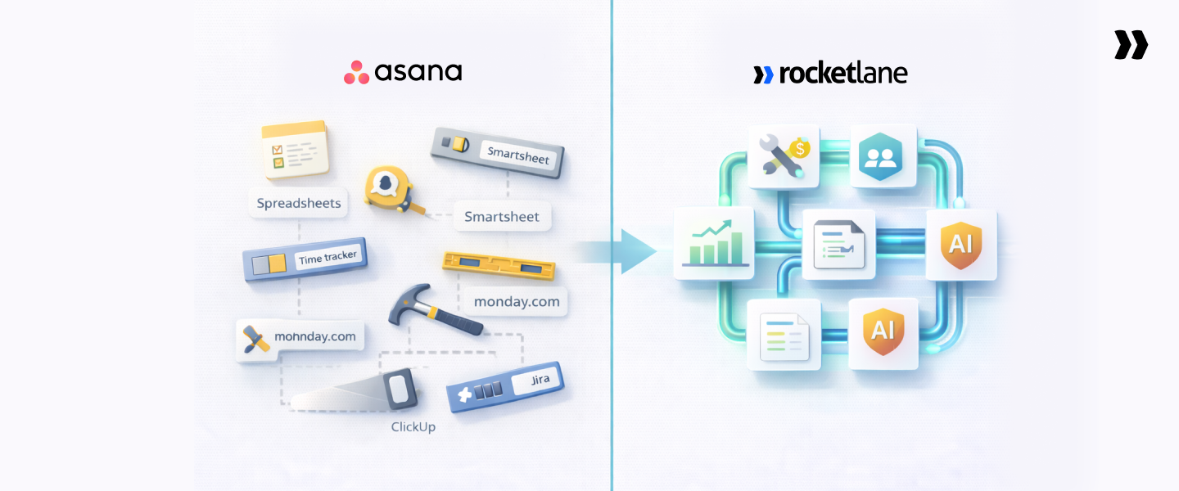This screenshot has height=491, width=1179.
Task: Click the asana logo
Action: coord(402,72)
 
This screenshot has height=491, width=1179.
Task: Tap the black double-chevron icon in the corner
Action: coord(1131,45)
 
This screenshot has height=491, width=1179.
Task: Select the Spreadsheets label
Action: coord(298,203)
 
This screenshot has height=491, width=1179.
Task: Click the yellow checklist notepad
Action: coord(294,149)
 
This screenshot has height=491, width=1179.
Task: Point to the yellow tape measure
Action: coord(387,187)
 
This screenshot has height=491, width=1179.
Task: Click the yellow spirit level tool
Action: coord(498,264)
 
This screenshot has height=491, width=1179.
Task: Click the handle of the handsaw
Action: coord(399,387)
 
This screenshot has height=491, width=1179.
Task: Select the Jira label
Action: coord(540,379)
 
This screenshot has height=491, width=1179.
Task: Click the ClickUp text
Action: coord(413,426)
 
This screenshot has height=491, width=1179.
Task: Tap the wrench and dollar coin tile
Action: coord(784,154)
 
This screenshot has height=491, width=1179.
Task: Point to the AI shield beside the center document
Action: coord(960,244)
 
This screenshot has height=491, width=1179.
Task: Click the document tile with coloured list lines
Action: coord(784,334)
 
